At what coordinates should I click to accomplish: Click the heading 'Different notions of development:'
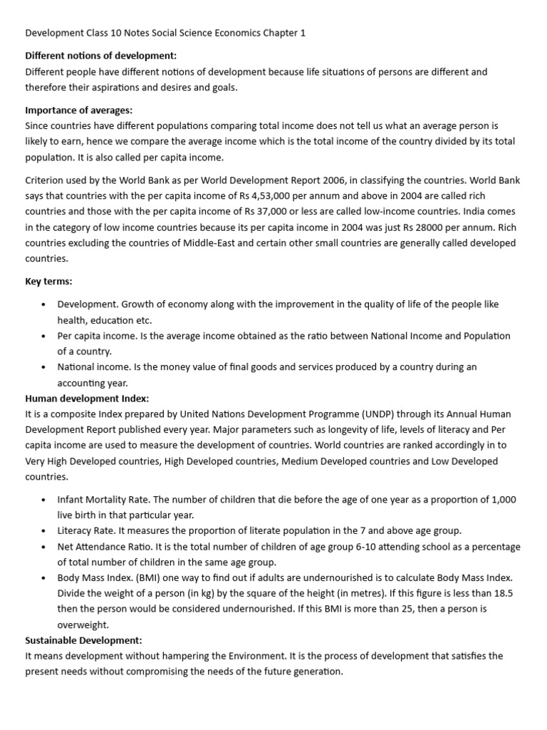[x=101, y=56]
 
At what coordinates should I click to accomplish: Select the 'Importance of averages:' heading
[x=79, y=110]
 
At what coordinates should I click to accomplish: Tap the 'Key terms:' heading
[x=48, y=281]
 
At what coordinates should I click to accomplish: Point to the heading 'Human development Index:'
[x=87, y=398]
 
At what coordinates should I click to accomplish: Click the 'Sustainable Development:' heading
[x=84, y=640]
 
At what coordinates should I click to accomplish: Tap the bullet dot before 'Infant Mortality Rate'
[x=43, y=500]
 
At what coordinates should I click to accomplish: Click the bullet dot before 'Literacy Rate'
[x=43, y=531]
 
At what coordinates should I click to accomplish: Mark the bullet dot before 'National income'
[x=43, y=367]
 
